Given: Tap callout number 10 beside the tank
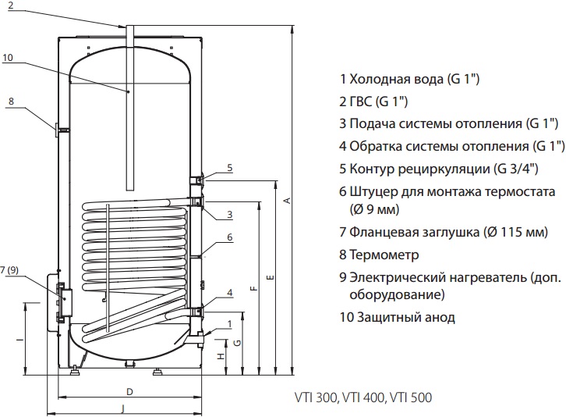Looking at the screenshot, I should (8, 57).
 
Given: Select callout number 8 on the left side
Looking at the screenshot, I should (12, 101).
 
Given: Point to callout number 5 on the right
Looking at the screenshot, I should (230, 168).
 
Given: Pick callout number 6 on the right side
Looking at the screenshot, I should (230, 237).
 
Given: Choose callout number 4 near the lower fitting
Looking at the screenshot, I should (230, 293).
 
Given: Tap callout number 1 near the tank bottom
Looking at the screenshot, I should (230, 323).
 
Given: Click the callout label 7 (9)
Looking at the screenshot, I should (11, 270).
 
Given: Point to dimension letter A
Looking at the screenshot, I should (287, 200).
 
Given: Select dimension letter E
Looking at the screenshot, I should (270, 277).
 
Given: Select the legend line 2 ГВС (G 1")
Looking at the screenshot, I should (374, 102).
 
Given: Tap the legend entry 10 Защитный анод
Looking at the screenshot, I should (398, 317).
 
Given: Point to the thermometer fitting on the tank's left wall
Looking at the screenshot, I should (59, 128).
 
